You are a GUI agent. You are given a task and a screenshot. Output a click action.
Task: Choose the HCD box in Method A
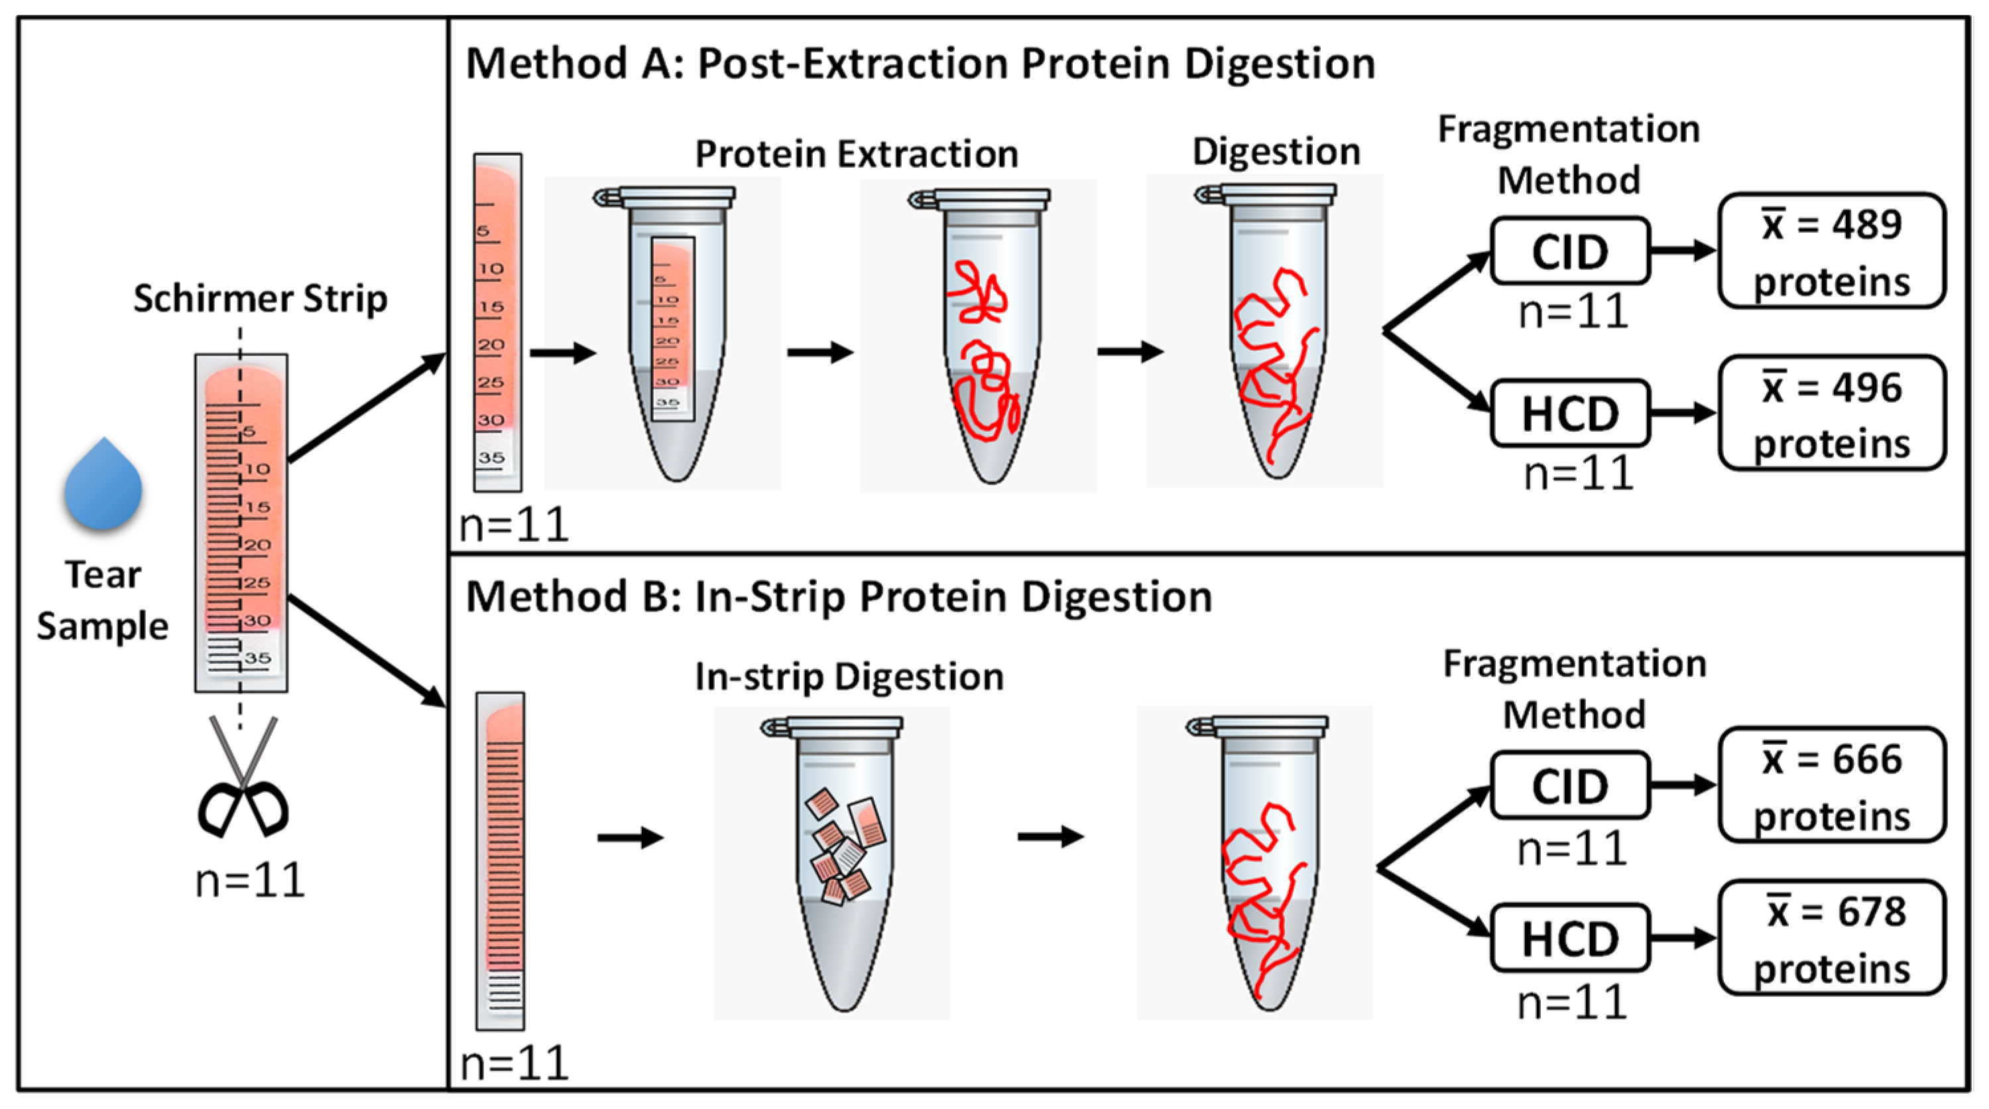coord(1571,413)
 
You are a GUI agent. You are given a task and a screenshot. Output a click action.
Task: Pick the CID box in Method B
coord(1571,786)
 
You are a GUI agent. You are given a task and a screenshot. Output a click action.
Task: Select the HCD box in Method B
coord(1571,939)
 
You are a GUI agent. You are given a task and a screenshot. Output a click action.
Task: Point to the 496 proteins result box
coord(1831,413)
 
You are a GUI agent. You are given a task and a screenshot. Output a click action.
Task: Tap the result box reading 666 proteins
coord(1831,786)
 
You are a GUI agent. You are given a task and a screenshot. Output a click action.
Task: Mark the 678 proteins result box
coord(1831,939)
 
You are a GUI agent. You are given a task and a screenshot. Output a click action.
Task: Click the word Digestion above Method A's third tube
coord(1276,152)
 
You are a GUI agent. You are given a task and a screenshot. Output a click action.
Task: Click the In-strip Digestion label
coord(849,677)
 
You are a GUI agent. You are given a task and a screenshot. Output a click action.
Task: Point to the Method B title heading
coord(839,597)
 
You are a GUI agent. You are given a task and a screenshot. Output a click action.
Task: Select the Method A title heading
coord(920,63)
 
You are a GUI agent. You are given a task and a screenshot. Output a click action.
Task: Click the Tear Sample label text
coord(103,600)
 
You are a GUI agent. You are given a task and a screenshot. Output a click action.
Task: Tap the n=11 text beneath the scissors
coord(250,880)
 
